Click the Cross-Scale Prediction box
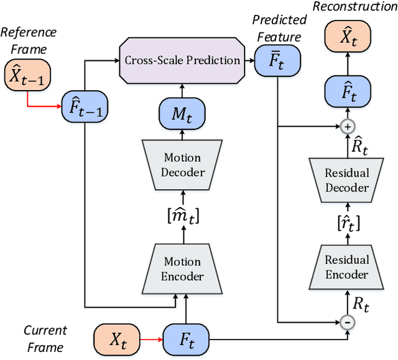tap(182, 60)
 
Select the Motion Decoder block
tap(182, 164)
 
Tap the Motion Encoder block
tap(182, 269)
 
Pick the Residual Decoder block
tap(348, 180)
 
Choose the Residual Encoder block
tap(348, 267)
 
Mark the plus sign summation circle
tap(348, 127)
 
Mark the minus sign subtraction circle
tap(348, 322)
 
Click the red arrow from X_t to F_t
tap(149, 339)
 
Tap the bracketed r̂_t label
tap(348, 223)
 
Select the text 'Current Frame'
tap(45, 339)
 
